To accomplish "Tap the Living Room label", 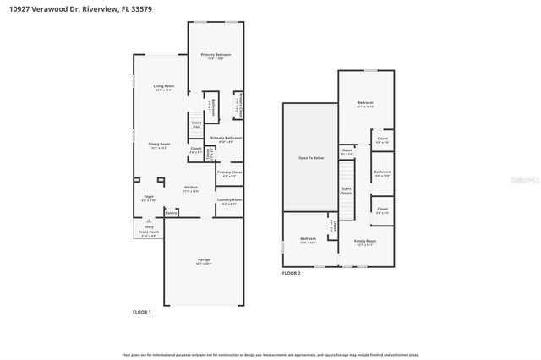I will tap(164, 86).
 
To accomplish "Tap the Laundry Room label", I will tap(229, 200).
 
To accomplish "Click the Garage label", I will tap(204, 259).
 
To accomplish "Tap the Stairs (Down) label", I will tap(346, 191).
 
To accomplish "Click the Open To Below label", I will tap(309, 157).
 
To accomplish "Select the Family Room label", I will tap(365, 241).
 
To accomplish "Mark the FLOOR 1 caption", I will tap(142, 313).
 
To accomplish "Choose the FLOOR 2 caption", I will tap(292, 273).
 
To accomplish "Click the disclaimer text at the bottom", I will tap(270, 355).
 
